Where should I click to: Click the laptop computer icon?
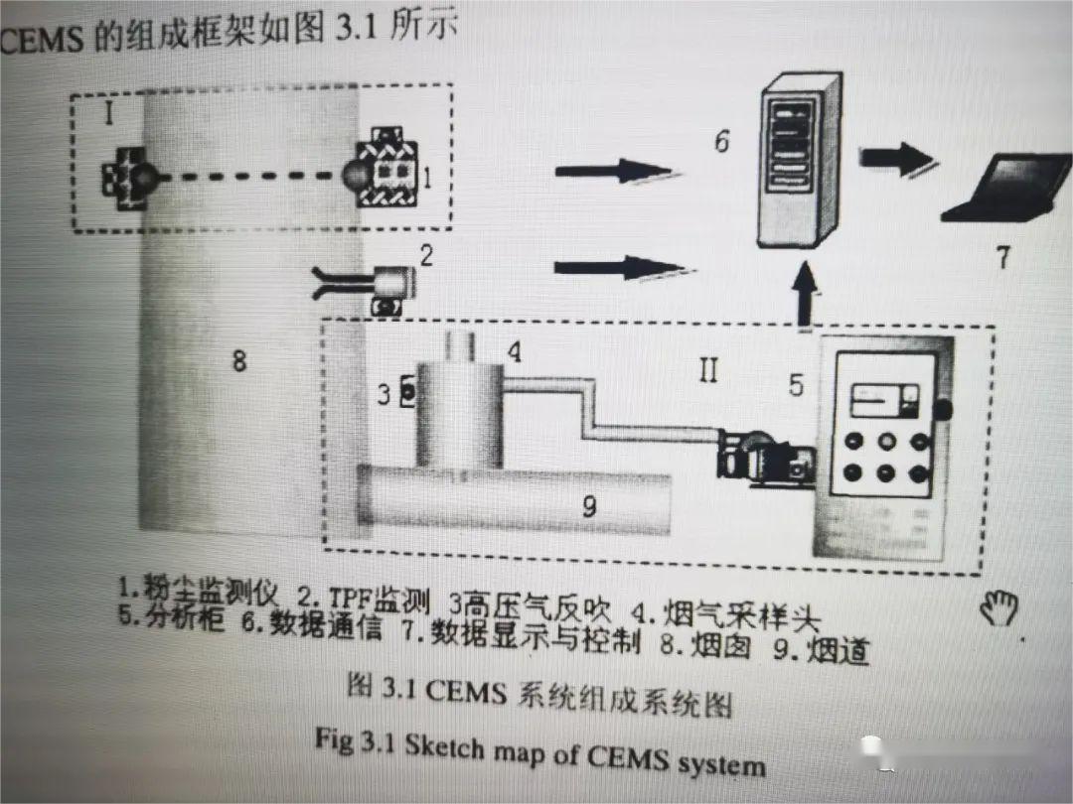(1006, 189)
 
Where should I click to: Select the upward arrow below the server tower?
(806, 294)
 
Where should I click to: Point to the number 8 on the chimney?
(238, 360)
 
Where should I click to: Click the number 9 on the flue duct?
(589, 506)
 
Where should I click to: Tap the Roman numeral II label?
(706, 372)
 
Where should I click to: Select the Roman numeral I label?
(108, 113)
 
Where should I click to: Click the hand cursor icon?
(998, 607)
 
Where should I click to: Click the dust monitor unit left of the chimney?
(128, 179)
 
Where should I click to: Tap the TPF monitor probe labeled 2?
(378, 286)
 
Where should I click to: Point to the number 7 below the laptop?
(1003, 258)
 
